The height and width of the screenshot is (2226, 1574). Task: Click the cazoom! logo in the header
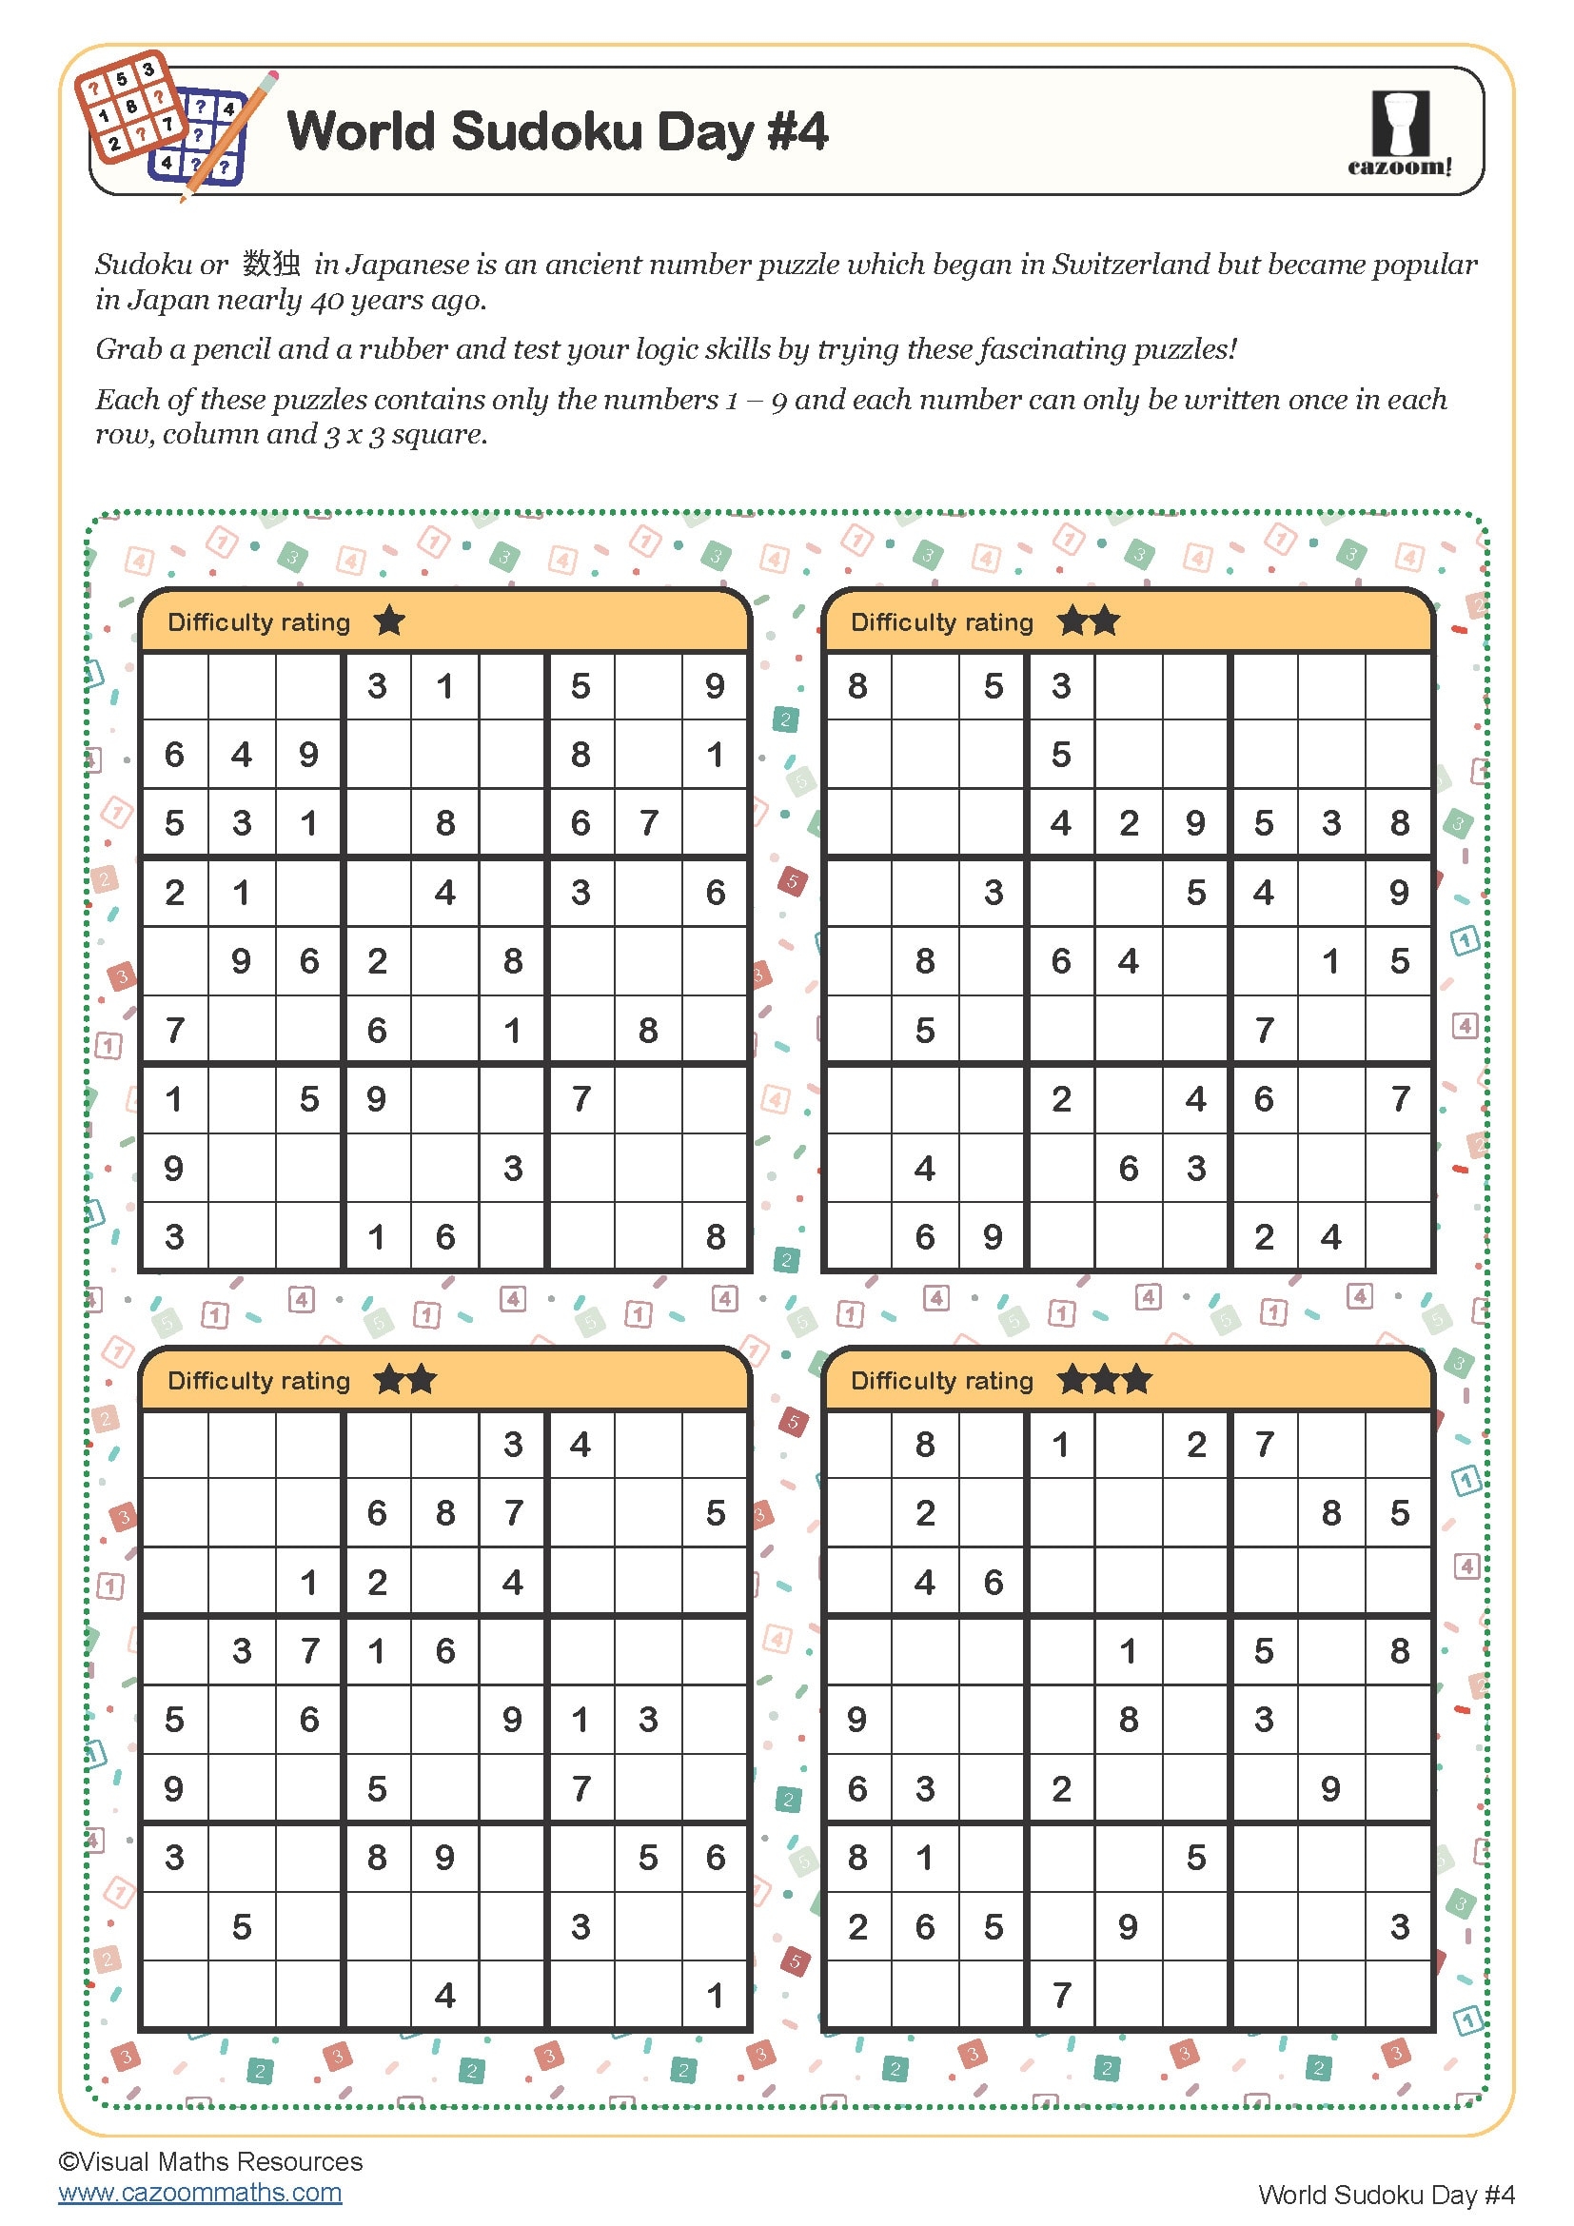pyautogui.click(x=1400, y=134)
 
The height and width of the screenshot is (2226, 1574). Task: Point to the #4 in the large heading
pyautogui.click(x=797, y=131)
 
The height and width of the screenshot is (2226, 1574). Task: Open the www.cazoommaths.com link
pyautogui.click(x=200, y=2192)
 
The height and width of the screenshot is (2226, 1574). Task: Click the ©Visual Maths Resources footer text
pyautogui.click(x=210, y=2161)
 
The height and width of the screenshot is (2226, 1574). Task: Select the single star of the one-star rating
pyautogui.click(x=389, y=621)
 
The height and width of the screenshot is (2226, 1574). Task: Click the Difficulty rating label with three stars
pyautogui.click(x=941, y=1380)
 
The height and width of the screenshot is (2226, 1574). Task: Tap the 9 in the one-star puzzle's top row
pyautogui.click(x=715, y=686)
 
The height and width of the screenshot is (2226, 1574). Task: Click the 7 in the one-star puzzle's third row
pyautogui.click(x=648, y=823)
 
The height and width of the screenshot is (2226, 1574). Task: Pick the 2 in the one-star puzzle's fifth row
pyautogui.click(x=377, y=961)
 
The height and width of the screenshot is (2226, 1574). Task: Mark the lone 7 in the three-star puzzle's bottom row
pyautogui.click(x=1061, y=1996)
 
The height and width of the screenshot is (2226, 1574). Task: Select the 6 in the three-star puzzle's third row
pyautogui.click(x=994, y=1583)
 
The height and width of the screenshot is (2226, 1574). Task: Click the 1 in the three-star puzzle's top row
pyautogui.click(x=1061, y=1445)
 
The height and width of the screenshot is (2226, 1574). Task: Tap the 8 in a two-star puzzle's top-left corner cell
pyautogui.click(x=857, y=686)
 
